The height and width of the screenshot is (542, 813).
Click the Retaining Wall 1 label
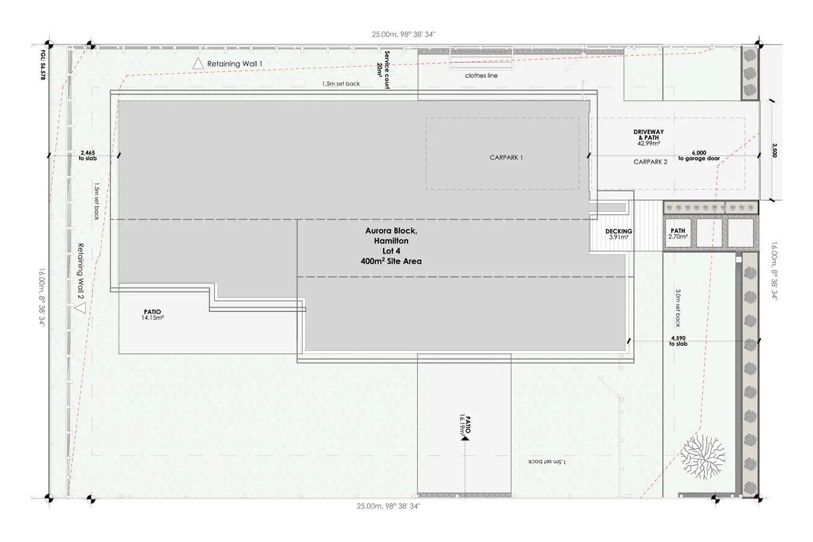click(x=235, y=64)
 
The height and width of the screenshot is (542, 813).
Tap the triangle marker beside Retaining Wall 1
click(x=198, y=64)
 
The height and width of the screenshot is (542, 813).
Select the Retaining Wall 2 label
click(x=81, y=271)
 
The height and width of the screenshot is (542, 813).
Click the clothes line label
click(x=481, y=75)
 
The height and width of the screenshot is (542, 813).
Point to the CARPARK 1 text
click(x=506, y=158)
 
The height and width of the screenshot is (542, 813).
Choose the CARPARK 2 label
click(x=650, y=162)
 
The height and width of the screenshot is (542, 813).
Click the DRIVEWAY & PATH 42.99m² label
click(x=649, y=138)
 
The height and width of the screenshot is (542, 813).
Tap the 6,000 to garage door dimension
click(x=699, y=156)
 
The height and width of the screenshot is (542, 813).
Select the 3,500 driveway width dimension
click(x=774, y=150)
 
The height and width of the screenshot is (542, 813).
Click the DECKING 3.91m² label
click(x=619, y=234)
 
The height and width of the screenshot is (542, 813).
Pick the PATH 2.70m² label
click(x=678, y=234)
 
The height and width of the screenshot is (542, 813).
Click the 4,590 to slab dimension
click(x=679, y=341)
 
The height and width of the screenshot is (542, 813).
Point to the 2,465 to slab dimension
click(x=88, y=156)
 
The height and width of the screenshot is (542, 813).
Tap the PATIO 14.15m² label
click(x=152, y=315)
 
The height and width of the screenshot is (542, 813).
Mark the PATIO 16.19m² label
click(x=465, y=425)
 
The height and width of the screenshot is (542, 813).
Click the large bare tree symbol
click(x=702, y=457)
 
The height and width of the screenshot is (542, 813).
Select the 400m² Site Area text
click(x=391, y=261)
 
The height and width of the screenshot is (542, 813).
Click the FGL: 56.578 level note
click(x=43, y=65)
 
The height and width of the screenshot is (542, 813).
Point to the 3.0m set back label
click(x=677, y=308)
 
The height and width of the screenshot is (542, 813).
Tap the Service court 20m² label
click(x=383, y=70)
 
